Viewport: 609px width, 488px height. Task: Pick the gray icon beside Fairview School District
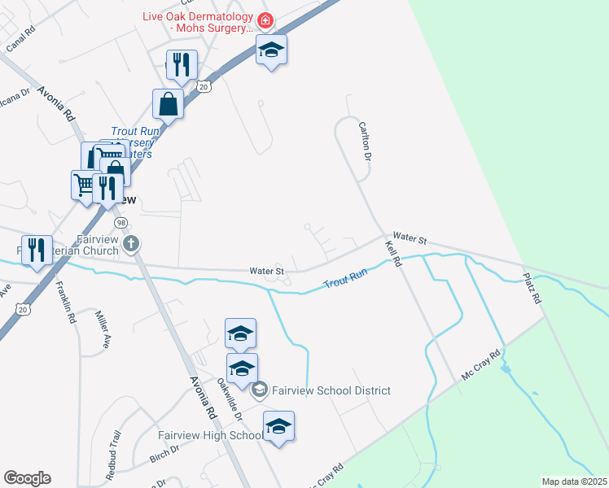tap(260, 390)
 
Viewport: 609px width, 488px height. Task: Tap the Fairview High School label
tap(208, 435)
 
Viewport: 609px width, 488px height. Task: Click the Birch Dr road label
tap(164, 455)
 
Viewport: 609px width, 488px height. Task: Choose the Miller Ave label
tap(102, 329)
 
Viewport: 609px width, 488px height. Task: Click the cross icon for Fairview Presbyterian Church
tap(132, 242)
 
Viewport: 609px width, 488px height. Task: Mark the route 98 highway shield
tap(120, 222)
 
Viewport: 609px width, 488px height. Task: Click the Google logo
tap(27, 478)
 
